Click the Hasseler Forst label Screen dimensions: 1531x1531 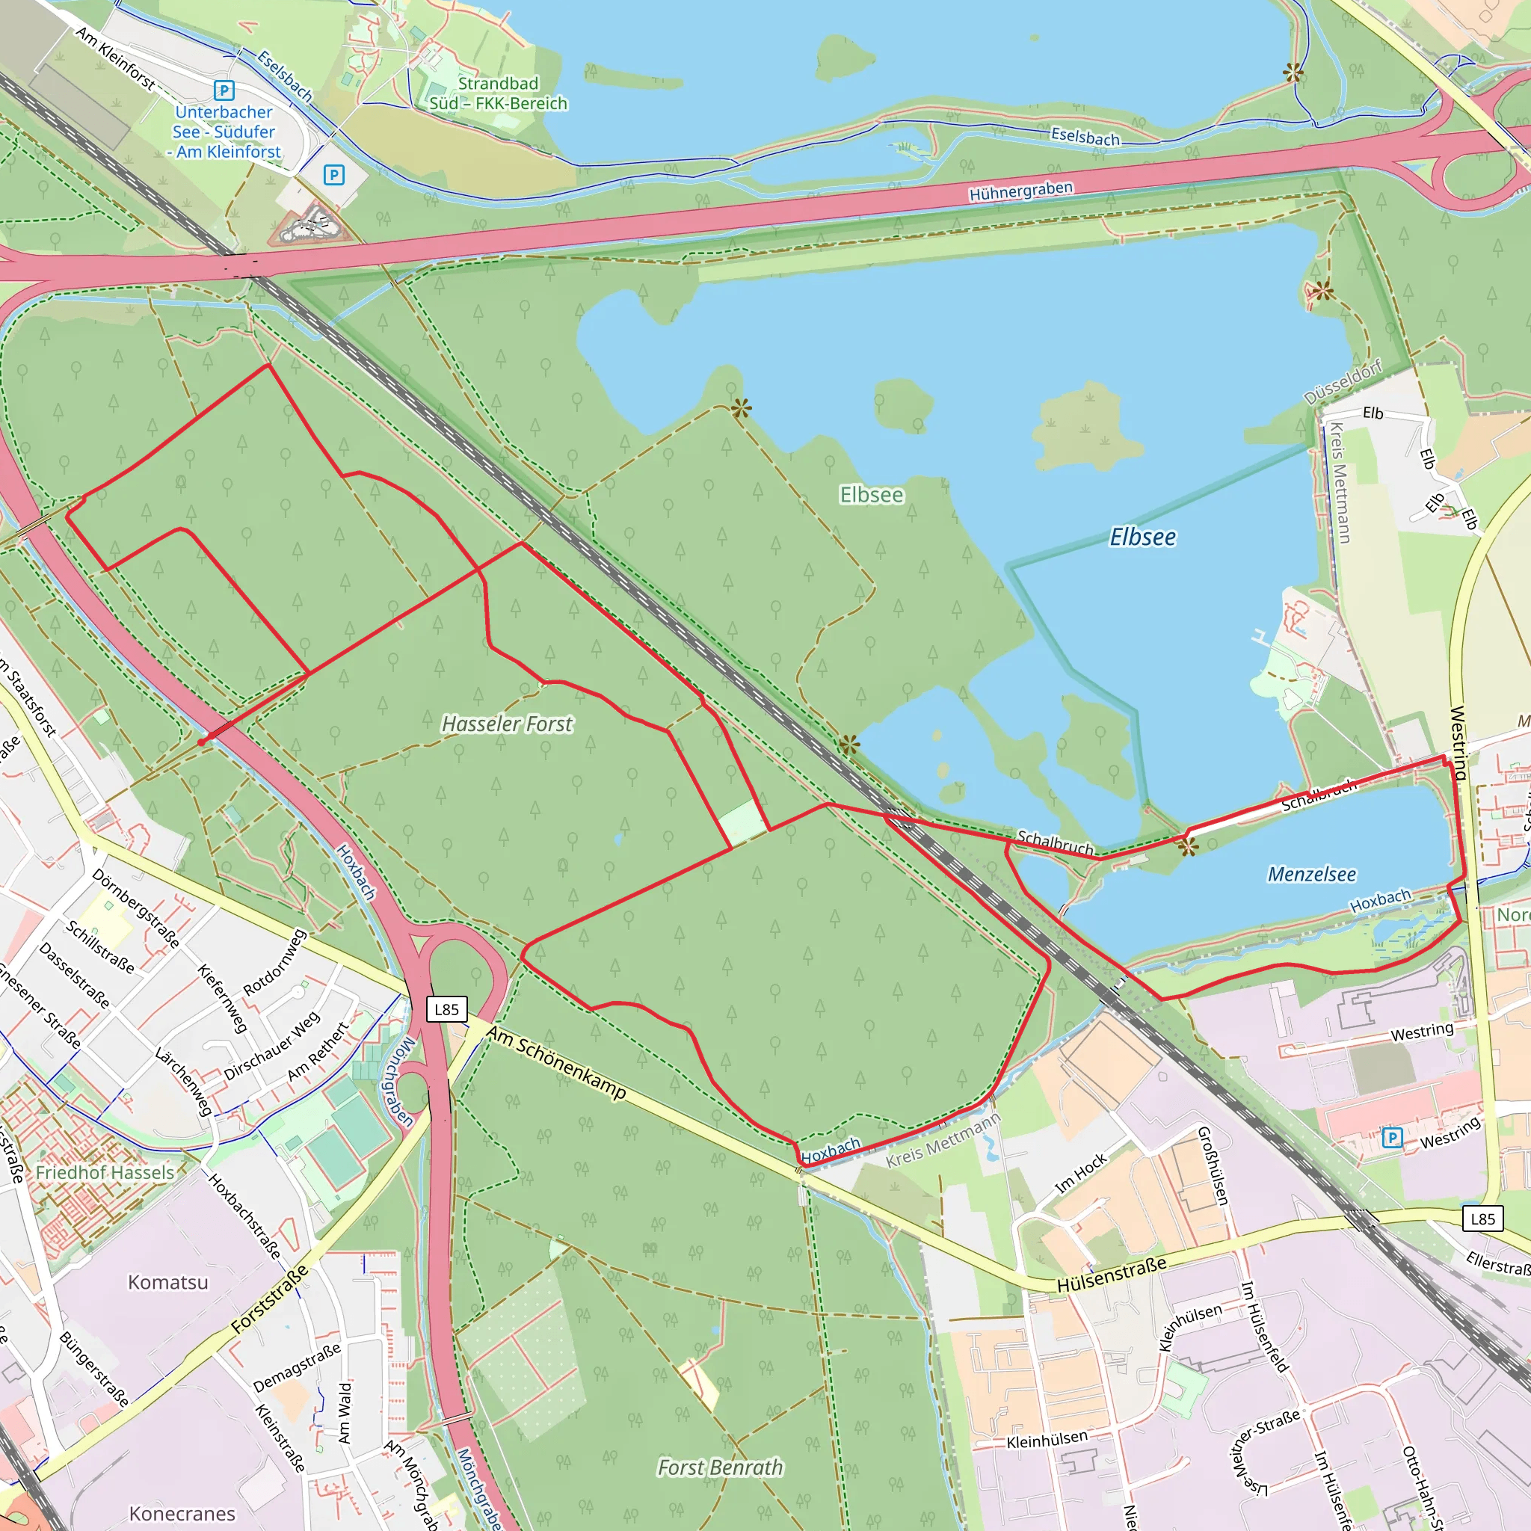point(507,724)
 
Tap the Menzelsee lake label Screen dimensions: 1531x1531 point(1311,874)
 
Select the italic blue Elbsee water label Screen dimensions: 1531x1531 point(1142,537)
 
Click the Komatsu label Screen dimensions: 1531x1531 point(168,1282)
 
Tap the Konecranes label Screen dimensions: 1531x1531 point(182,1514)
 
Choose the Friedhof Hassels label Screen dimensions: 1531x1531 point(105,1172)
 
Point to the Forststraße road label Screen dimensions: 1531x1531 point(269,1299)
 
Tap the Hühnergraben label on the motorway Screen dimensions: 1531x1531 point(1020,191)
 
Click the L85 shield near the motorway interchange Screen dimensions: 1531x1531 point(446,1008)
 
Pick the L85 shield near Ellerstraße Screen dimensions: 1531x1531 point(1482,1219)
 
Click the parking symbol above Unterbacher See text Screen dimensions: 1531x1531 point(224,90)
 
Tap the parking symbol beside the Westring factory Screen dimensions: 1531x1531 point(1391,1138)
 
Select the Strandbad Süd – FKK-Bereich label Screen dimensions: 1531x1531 point(499,93)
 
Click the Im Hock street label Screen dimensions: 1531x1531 point(1081,1174)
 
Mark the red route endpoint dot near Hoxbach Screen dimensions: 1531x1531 point(202,742)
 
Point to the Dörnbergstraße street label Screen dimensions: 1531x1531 point(135,908)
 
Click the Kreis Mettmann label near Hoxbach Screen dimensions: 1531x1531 point(943,1141)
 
